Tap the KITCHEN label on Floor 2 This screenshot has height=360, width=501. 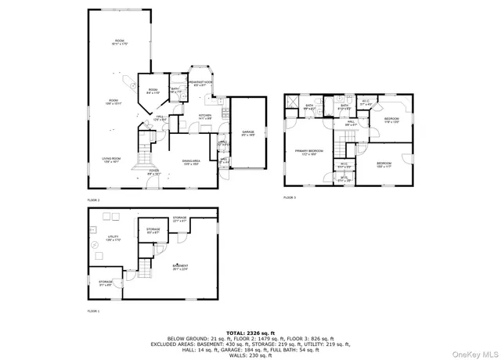205,116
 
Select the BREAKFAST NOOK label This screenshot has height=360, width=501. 201,84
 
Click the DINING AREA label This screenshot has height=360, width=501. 192,163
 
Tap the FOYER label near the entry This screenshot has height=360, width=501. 153,173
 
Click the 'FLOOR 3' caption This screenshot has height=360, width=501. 290,197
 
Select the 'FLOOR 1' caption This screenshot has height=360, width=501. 94,311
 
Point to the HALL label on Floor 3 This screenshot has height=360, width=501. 351,123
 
